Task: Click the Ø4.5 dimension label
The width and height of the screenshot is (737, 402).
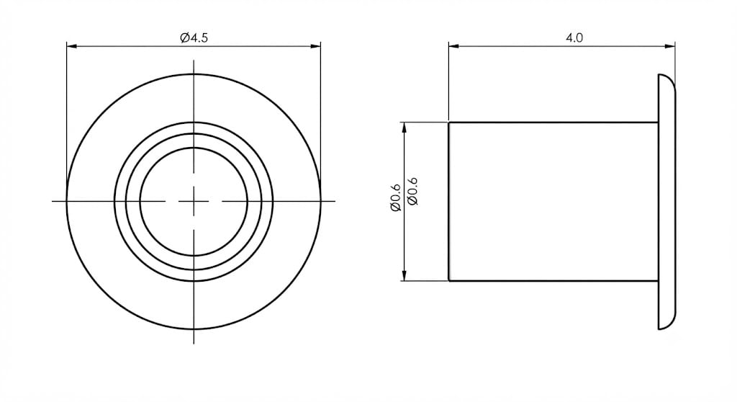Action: click(x=194, y=37)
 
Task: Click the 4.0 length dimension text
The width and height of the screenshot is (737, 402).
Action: click(x=574, y=37)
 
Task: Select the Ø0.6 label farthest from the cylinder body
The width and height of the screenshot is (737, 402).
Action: click(x=395, y=197)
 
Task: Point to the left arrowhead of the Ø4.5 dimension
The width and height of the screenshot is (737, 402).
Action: click(x=71, y=46)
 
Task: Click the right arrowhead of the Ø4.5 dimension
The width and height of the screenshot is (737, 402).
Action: click(x=315, y=46)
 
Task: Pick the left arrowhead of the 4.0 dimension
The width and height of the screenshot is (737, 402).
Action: click(x=453, y=46)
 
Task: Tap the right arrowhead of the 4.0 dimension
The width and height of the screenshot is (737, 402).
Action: click(x=670, y=46)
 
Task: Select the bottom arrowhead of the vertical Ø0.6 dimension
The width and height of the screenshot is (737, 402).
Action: click(x=404, y=276)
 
